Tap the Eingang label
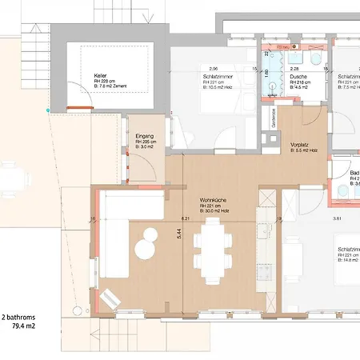[x=144, y=135]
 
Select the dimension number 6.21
[x=185, y=218]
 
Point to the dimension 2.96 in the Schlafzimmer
[x=214, y=69]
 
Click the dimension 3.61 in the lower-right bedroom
[x=314, y=218]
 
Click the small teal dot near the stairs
[x=48, y=109]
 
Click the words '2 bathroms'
[x=21, y=316]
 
